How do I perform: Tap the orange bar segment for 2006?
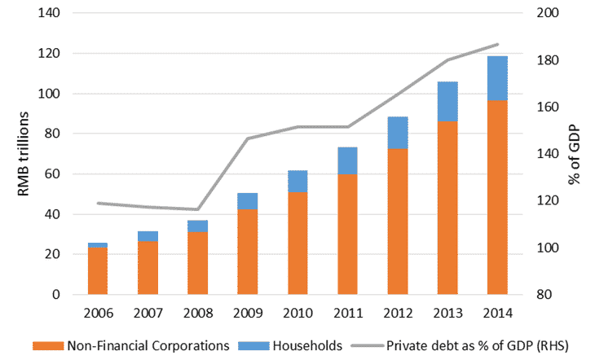pos(98,270)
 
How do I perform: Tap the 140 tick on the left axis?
pos(51,13)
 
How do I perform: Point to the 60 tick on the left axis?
pos(55,173)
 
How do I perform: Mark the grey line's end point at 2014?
pos(497,44)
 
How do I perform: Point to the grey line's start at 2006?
pos(98,203)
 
